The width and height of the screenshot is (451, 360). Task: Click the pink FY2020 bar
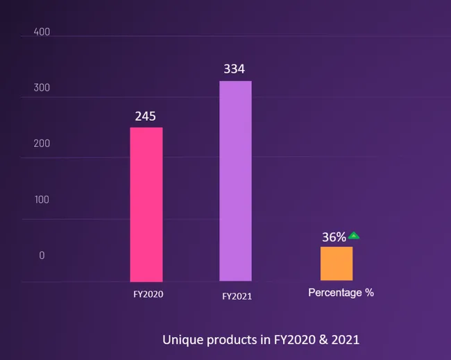[x=146, y=204]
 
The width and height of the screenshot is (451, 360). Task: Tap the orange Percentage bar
[x=337, y=264]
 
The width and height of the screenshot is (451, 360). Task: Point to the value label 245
[x=145, y=116]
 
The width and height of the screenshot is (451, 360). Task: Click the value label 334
[x=234, y=69]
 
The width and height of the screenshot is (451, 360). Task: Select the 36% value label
[x=334, y=237]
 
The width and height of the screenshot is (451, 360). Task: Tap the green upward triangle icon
[x=354, y=236]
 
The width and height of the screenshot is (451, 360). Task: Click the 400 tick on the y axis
[x=42, y=33]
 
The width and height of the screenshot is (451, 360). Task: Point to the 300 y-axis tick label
[x=42, y=88]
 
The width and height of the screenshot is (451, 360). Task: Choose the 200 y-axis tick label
[x=42, y=144]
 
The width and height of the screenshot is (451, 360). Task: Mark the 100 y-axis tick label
[x=42, y=200]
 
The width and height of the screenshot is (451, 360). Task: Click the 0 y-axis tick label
[x=42, y=255]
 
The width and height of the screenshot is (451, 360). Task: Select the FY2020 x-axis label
[x=148, y=294]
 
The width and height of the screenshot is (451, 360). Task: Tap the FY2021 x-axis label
[x=237, y=296]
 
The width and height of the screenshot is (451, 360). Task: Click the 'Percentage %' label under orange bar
[x=341, y=293]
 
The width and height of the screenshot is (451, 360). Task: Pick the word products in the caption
[x=226, y=341]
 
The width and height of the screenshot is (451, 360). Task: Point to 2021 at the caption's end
[x=346, y=341]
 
